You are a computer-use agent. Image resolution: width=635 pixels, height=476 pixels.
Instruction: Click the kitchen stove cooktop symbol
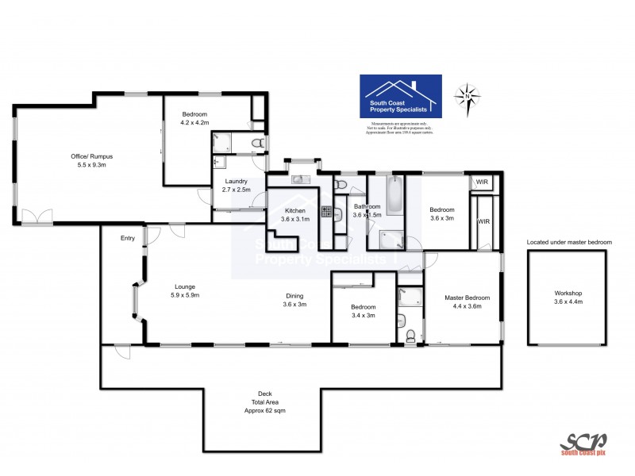325,211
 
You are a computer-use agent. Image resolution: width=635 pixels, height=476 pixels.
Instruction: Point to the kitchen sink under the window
301,179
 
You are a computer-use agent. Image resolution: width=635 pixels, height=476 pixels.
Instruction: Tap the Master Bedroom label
467,297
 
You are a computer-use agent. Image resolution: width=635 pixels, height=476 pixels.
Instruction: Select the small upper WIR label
482,182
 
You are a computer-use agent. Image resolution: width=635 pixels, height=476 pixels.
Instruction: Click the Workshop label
568,293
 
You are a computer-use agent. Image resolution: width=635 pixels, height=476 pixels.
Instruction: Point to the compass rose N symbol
468,96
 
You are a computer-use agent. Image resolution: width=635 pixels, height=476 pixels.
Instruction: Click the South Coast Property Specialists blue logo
401,97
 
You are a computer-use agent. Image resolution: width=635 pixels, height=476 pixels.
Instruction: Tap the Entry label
127,238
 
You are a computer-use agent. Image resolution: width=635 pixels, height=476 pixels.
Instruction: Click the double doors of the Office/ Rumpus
34,217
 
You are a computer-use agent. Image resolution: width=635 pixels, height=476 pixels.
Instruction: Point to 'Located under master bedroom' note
569,241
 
